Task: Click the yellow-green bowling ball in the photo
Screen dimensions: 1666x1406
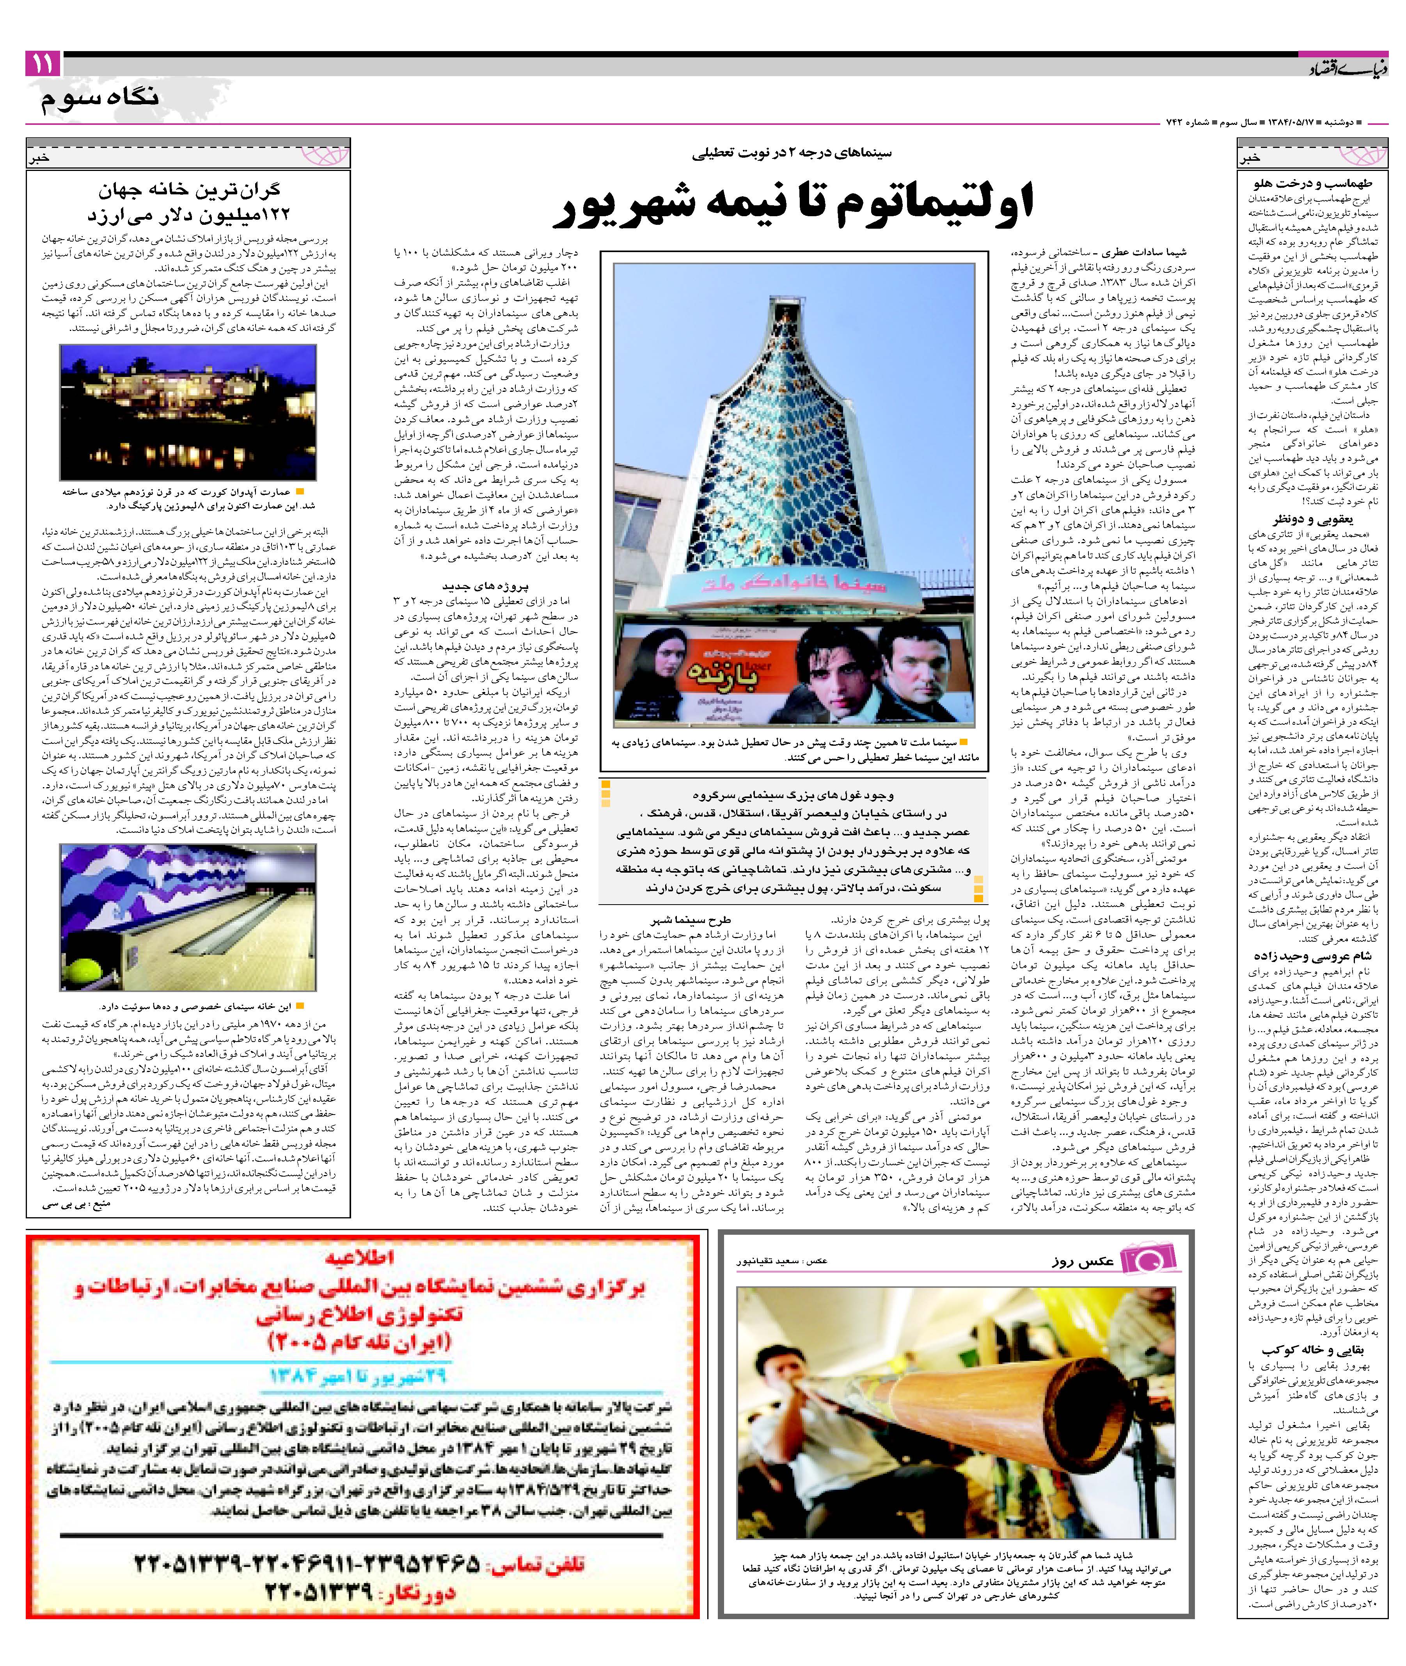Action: [77, 973]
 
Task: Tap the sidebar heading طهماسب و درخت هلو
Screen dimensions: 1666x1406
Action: [1311, 184]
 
